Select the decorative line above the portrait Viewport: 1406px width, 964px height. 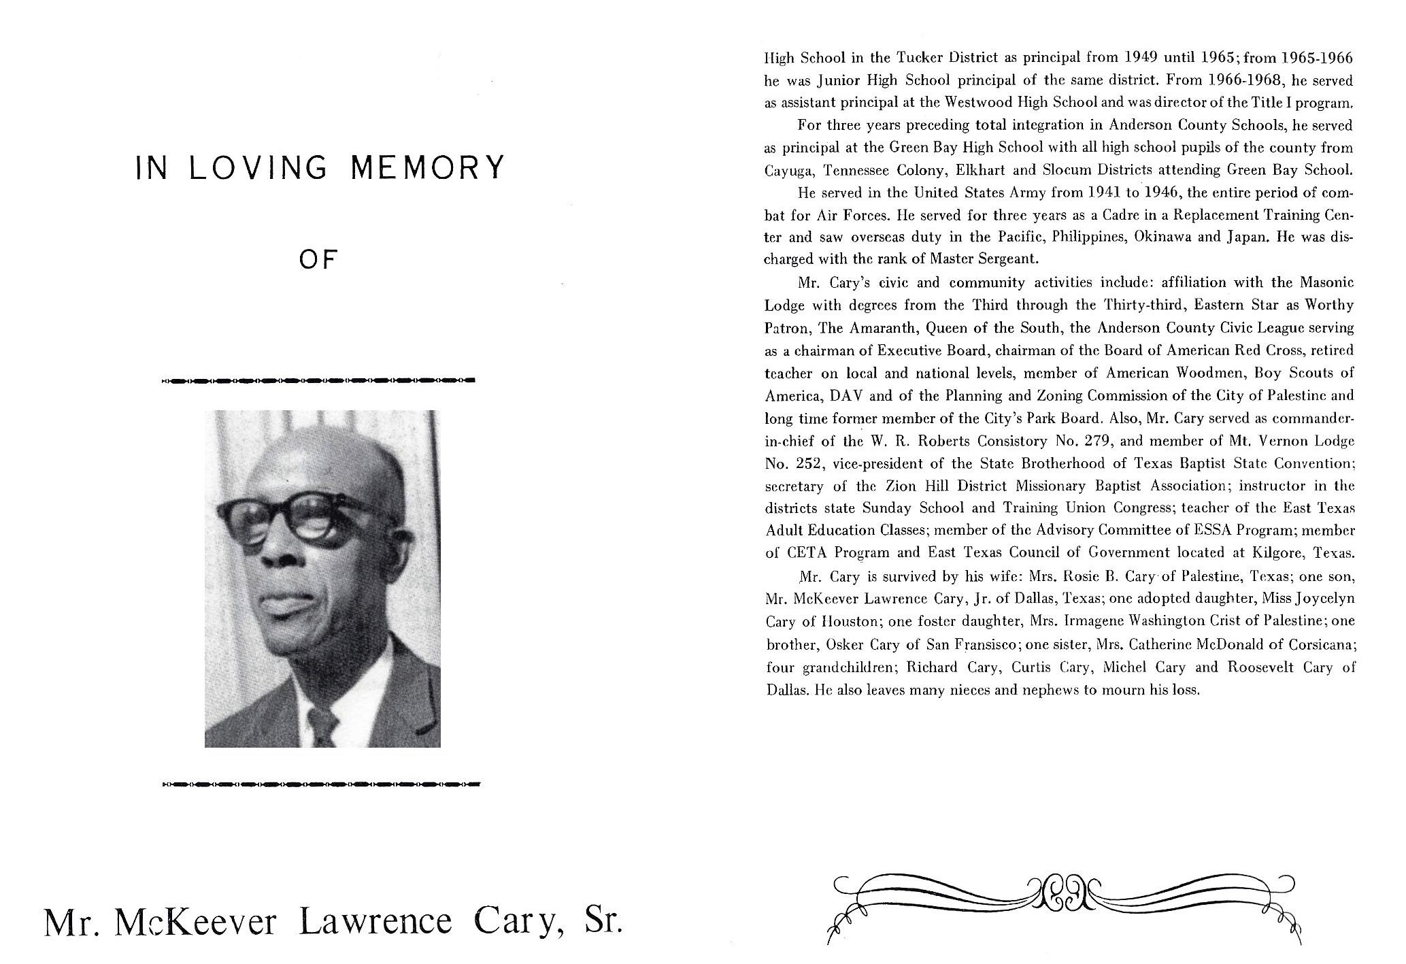(x=318, y=380)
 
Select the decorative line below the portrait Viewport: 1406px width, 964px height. (x=321, y=784)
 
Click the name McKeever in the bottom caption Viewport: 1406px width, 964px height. (x=197, y=923)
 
